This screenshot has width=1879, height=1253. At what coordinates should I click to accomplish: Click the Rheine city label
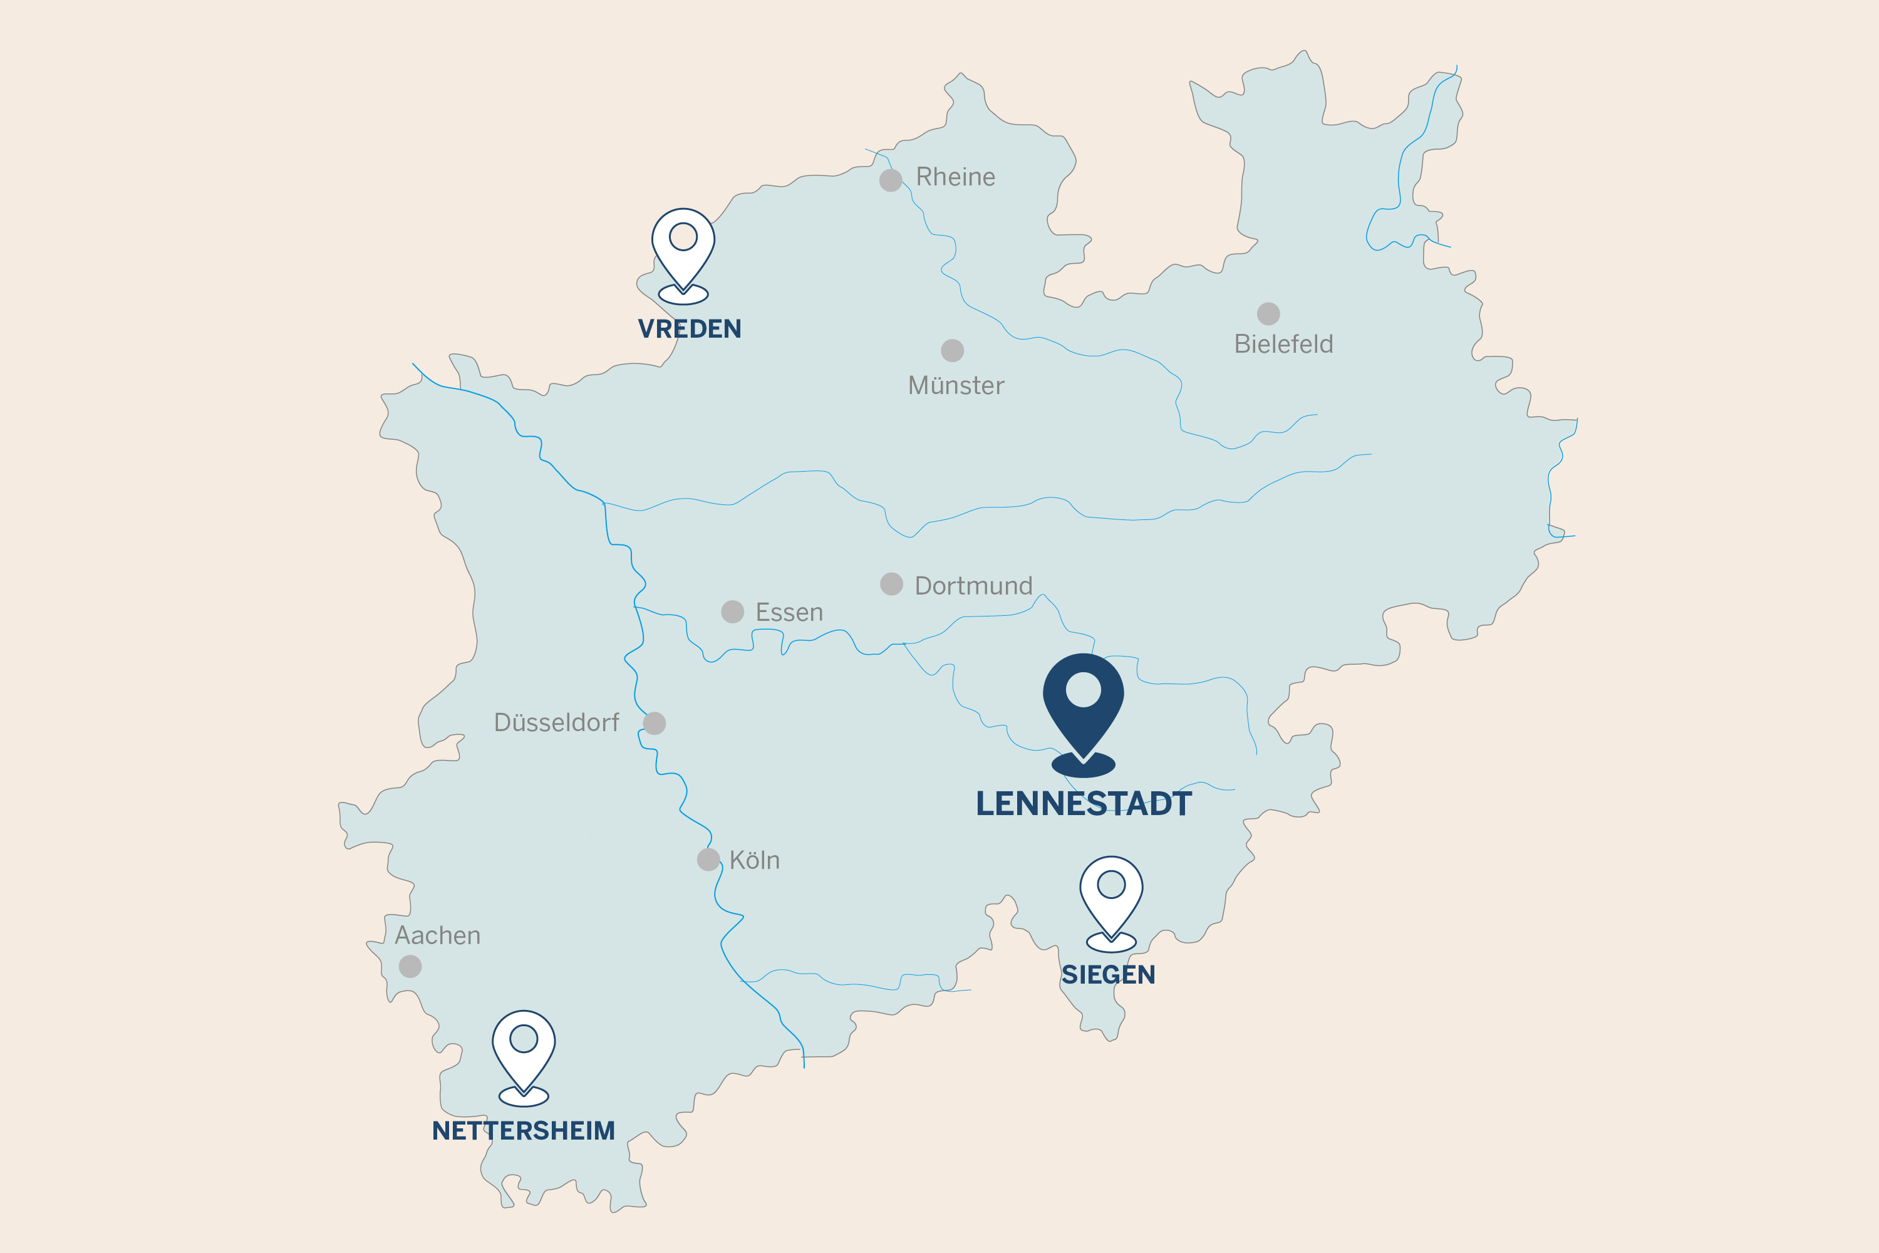(x=956, y=177)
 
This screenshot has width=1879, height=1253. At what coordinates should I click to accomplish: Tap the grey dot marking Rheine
(x=891, y=180)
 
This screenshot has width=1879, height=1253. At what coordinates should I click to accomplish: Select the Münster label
(x=956, y=385)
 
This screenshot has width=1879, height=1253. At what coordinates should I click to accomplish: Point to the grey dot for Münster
(x=952, y=350)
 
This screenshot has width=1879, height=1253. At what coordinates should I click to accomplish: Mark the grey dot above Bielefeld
(x=1269, y=313)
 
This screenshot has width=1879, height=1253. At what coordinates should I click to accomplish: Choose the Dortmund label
(x=973, y=586)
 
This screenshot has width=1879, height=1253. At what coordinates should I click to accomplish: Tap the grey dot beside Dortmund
(x=891, y=584)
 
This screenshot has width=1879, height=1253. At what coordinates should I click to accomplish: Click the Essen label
(x=789, y=612)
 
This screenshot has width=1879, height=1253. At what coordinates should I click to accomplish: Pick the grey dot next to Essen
(x=733, y=611)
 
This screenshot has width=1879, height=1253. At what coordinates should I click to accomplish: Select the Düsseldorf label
(x=556, y=722)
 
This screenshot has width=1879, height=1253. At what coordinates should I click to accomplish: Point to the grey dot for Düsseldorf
(x=655, y=723)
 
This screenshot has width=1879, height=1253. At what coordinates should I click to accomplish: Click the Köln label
(x=754, y=860)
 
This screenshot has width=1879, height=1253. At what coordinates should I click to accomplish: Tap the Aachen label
(x=438, y=935)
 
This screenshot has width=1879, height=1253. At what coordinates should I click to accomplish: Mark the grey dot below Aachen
(x=410, y=966)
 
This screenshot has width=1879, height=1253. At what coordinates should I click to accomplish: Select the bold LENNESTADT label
(x=1084, y=803)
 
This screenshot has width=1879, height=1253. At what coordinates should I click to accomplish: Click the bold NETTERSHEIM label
(x=523, y=1131)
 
